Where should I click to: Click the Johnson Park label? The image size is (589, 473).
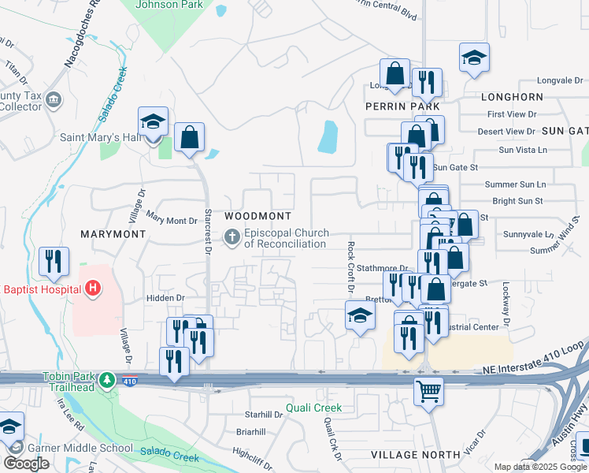(169, 5)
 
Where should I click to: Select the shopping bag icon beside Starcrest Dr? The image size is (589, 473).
(190, 138)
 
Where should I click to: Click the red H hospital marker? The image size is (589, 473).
(93, 289)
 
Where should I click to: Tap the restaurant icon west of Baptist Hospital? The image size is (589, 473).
(54, 262)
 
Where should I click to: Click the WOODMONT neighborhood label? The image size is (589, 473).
(257, 216)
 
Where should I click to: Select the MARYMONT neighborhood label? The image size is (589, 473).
(113, 234)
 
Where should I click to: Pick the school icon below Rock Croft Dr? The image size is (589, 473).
(360, 316)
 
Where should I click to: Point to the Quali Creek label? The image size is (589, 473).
(313, 408)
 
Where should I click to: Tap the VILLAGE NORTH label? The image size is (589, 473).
(415, 455)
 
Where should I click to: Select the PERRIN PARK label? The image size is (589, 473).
(402, 106)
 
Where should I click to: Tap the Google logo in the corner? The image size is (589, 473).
(26, 464)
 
